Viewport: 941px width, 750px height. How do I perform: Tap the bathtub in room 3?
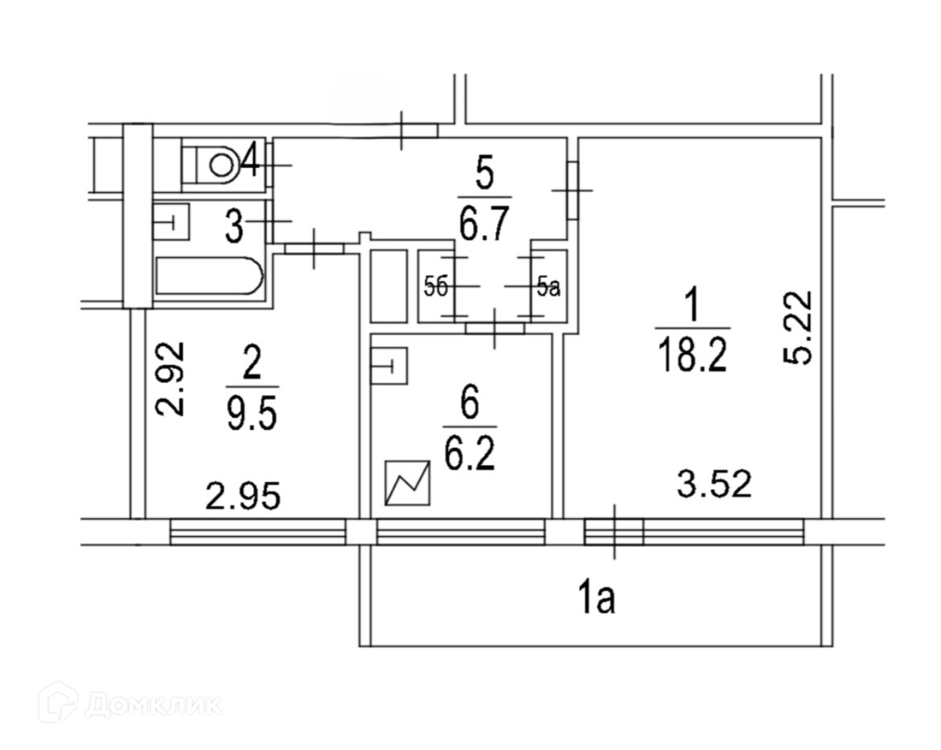click(209, 276)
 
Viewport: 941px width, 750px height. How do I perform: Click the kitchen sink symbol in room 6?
click(390, 367)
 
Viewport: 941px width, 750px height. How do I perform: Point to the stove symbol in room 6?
click(409, 483)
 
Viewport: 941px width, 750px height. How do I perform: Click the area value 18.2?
click(692, 354)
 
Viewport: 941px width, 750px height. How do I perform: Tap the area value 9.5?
click(251, 416)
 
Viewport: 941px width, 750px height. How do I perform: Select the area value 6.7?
click(485, 223)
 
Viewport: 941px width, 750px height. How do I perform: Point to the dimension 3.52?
click(714, 484)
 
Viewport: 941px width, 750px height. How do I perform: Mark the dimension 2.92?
click(171, 378)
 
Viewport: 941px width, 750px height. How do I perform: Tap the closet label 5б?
click(435, 286)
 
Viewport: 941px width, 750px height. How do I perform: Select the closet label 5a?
click(548, 286)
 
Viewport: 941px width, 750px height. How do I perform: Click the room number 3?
click(233, 226)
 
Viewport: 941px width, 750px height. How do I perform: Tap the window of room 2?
click(257, 531)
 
